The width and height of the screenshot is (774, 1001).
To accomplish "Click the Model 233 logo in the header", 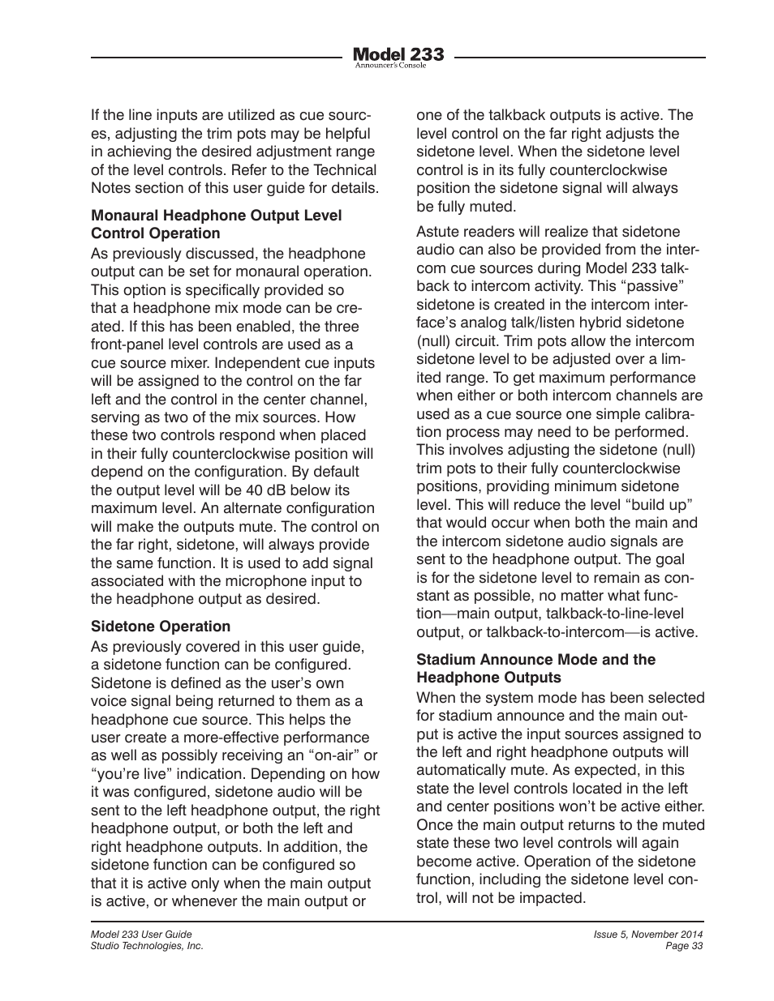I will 398,54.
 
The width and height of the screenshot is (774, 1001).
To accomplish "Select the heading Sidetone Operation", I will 161,627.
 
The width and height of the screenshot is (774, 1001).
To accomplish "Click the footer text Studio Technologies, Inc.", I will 147,946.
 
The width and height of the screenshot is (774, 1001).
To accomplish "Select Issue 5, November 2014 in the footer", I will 647,935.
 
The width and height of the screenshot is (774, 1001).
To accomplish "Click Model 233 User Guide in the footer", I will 141,935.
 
